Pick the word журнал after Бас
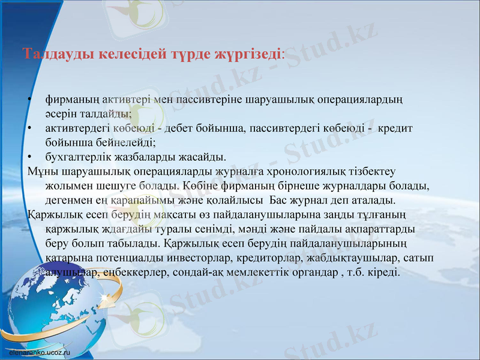317,200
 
